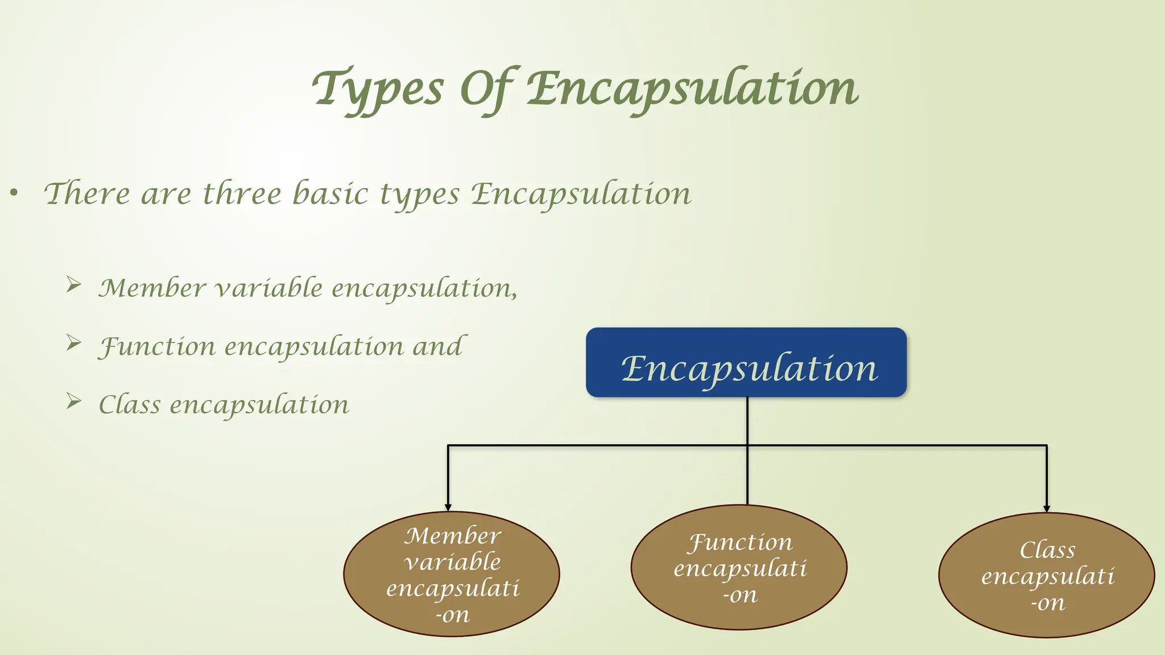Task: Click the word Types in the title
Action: (378, 90)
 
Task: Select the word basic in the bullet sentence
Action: (330, 194)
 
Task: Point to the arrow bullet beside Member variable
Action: (73, 284)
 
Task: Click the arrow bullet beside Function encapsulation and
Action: (73, 342)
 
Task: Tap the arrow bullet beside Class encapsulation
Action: (73, 401)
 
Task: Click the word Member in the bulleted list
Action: (152, 288)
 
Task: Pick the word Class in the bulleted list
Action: (130, 405)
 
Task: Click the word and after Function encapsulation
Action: (437, 346)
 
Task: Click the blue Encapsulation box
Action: (746, 362)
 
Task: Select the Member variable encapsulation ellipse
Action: (452, 574)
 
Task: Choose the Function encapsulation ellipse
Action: (739, 567)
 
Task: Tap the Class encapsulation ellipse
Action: (1047, 575)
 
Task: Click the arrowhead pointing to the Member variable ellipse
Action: (448, 507)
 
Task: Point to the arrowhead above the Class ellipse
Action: (1047, 508)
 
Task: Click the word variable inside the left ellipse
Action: (452, 562)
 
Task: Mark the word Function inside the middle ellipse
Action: (740, 542)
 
